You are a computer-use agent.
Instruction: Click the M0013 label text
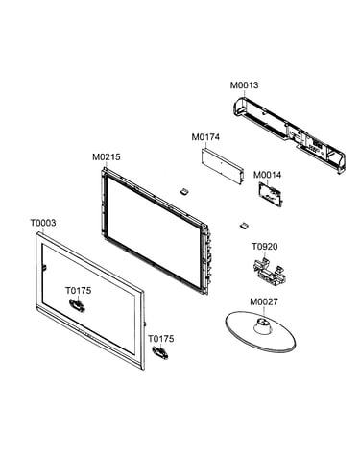pos(244,85)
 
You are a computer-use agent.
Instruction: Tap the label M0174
pos(205,137)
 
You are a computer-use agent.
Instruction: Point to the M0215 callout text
pos(107,157)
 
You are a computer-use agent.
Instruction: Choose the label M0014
pos(267,175)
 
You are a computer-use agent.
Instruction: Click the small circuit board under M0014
pos(271,194)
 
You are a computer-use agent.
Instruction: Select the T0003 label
pos(43,223)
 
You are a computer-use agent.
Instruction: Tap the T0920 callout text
pos(264,247)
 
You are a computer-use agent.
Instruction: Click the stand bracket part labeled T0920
pos(269,269)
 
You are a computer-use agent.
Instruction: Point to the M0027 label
pos(264,301)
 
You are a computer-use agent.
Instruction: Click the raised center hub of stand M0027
pos(262,325)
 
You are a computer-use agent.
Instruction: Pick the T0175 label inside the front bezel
pos(79,291)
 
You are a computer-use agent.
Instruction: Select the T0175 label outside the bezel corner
pos(161,339)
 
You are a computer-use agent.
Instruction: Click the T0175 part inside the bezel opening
pos(77,304)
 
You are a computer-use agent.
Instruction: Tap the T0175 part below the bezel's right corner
pos(160,353)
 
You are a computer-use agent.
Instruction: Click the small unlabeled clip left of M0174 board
pos(184,192)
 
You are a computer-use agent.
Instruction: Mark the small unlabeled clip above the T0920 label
pos(245,226)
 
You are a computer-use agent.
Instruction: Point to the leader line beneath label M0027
pos(263,312)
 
